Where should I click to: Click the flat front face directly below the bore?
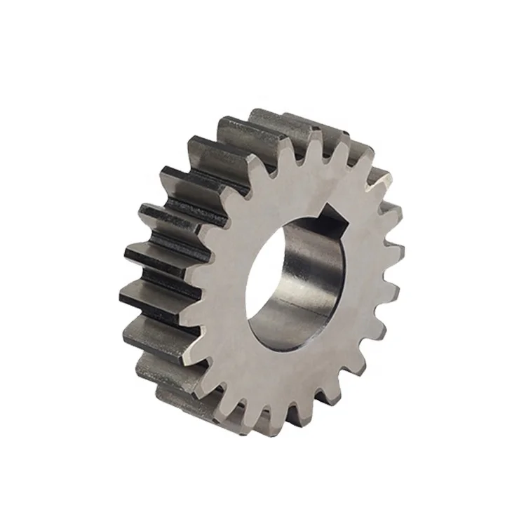(295, 372)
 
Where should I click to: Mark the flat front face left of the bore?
(224, 281)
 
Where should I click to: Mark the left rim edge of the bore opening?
(247, 281)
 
